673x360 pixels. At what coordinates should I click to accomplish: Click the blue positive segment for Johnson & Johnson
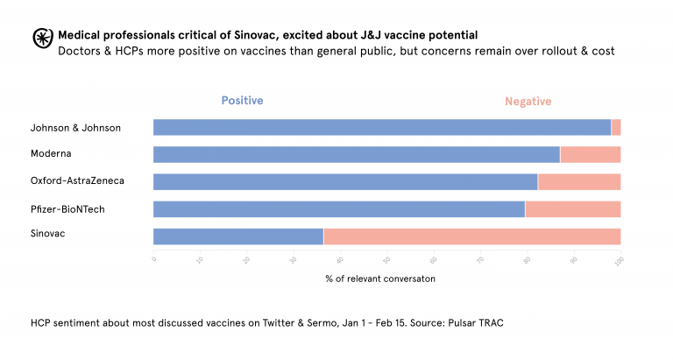[x=382, y=128]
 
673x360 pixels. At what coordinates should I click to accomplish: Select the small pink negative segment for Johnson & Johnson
[x=616, y=128]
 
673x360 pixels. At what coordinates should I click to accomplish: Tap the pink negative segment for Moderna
[x=590, y=155]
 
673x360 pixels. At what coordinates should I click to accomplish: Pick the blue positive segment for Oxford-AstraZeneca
[x=345, y=182]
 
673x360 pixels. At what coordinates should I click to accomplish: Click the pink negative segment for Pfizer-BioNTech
[x=572, y=209]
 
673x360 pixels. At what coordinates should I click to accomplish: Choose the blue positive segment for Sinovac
[x=238, y=236]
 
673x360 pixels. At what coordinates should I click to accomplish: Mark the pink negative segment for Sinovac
[x=471, y=236]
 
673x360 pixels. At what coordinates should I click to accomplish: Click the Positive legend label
[x=242, y=101]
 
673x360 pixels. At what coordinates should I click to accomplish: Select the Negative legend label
[x=528, y=102]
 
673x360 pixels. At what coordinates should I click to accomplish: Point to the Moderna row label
[x=51, y=154]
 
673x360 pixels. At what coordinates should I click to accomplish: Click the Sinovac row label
[x=47, y=235]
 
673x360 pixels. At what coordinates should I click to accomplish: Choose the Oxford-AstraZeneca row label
[x=77, y=181]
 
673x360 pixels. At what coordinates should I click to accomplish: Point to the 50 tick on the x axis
[x=387, y=260]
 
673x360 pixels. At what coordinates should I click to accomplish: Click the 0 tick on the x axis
[x=154, y=260]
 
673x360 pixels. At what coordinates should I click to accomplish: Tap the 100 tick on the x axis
[x=620, y=260]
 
